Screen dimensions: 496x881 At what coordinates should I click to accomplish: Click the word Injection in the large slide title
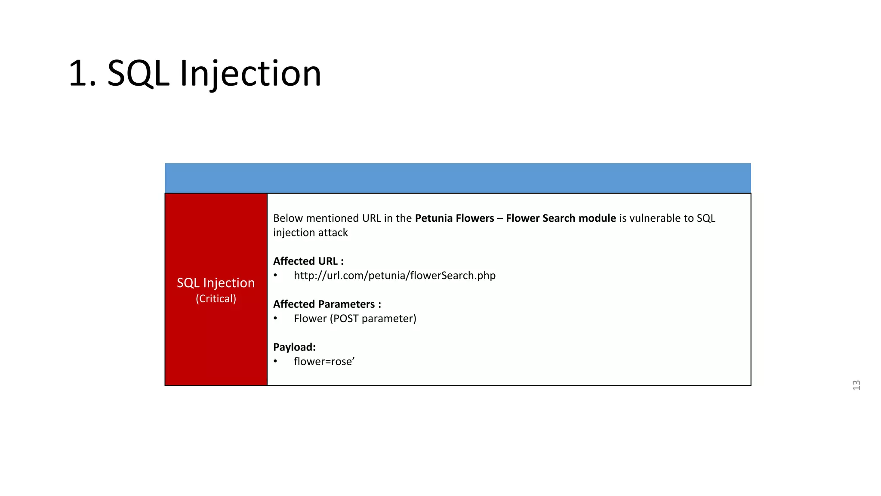250,73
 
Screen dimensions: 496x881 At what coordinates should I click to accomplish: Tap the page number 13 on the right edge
856,385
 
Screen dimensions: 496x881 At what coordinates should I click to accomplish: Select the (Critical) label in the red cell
216,298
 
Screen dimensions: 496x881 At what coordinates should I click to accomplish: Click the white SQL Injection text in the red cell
216,282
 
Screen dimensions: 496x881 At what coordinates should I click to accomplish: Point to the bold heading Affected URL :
308,261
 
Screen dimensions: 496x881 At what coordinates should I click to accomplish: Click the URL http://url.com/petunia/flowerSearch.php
394,276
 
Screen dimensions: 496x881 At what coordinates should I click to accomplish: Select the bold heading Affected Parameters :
327,304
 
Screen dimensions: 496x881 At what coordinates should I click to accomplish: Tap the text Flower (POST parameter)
355,319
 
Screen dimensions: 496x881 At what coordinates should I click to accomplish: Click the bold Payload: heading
294,347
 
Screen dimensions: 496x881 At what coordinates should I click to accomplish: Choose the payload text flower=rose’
324,362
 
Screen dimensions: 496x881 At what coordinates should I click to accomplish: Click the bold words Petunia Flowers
454,218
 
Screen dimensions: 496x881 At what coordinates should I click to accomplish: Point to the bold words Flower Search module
561,218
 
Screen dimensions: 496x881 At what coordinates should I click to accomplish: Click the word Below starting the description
288,218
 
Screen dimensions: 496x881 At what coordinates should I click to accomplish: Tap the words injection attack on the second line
310,232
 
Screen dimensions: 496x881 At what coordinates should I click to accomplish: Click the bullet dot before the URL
275,276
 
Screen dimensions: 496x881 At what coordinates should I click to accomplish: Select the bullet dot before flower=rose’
275,362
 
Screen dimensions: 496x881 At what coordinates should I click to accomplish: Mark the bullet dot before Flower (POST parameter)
275,319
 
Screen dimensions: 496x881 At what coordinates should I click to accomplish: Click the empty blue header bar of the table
458,178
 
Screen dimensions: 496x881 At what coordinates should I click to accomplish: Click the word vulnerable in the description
656,218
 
